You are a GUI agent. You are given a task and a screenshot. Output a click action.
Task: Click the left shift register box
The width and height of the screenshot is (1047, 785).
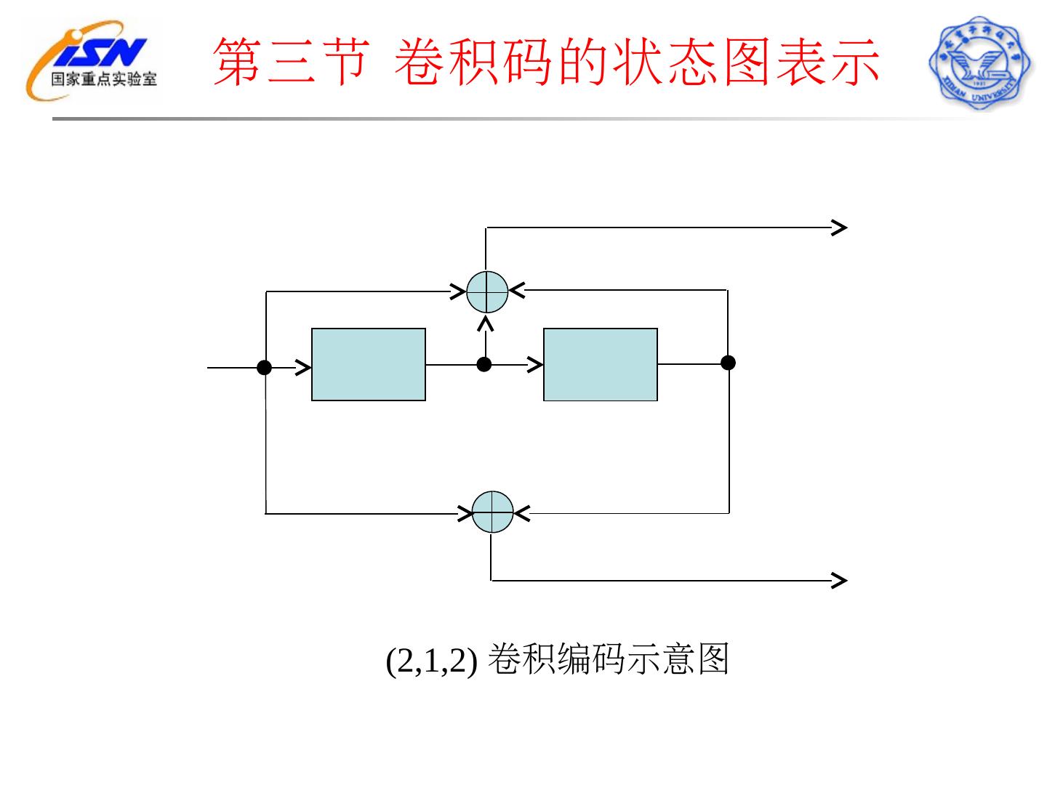click(x=368, y=364)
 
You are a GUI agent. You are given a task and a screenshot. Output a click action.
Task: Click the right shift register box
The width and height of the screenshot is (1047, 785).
click(x=600, y=364)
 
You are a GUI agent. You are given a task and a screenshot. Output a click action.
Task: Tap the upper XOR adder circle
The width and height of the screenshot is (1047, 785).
click(x=486, y=292)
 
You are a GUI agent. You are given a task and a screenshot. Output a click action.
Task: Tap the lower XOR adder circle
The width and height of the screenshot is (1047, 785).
click(x=492, y=512)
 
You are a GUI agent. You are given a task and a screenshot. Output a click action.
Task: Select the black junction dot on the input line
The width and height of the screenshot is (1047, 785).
click(x=265, y=368)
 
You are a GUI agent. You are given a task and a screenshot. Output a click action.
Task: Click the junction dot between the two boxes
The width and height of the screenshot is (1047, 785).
click(x=484, y=364)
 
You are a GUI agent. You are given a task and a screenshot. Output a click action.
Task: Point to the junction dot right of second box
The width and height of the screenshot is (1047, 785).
click(x=728, y=363)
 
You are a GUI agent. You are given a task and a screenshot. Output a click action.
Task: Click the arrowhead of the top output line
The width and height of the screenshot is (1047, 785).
click(x=839, y=228)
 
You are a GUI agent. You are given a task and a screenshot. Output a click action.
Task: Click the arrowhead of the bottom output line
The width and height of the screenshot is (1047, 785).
click(x=839, y=580)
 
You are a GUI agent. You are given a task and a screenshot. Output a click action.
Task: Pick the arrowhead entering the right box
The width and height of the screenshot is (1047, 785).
click(x=536, y=364)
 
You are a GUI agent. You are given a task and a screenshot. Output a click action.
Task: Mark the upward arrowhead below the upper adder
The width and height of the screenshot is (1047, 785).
click(x=486, y=322)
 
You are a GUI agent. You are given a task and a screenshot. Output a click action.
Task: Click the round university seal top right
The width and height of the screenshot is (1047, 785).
click(x=980, y=63)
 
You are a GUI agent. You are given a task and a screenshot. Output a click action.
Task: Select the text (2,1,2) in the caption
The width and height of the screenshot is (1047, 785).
click(x=431, y=661)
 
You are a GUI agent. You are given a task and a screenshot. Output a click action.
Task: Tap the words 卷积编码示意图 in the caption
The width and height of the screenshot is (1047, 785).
click(x=608, y=659)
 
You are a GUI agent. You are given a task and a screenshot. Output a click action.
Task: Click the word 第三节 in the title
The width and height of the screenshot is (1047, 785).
click(x=291, y=63)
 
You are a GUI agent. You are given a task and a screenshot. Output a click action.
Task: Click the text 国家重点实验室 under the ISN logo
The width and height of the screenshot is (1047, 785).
click(x=103, y=79)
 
